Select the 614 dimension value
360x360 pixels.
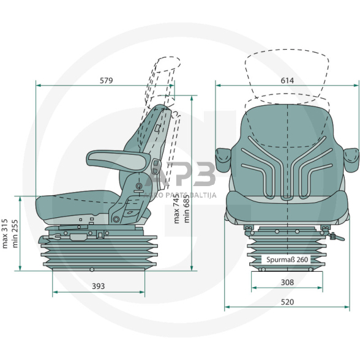tap(287, 80)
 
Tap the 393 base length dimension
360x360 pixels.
tap(99, 285)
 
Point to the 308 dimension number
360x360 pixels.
tap(287, 282)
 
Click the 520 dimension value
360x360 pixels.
tap(287, 302)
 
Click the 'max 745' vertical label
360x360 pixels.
tap(176, 207)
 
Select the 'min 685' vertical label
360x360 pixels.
tap(186, 207)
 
